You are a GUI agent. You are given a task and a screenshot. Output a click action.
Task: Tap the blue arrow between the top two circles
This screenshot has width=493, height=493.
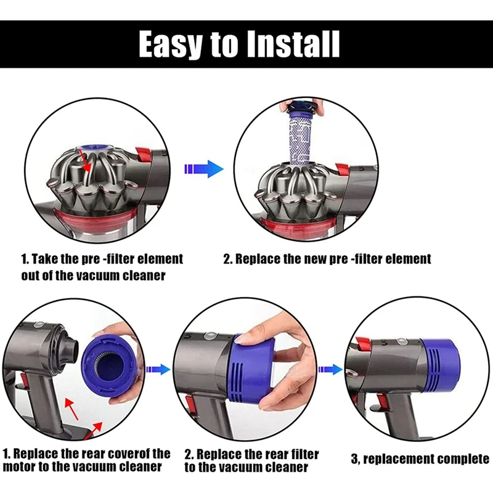[203, 168]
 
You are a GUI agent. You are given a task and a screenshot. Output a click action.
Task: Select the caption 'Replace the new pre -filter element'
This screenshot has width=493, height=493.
[327, 258]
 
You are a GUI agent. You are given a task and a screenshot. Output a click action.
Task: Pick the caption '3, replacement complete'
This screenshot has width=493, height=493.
[418, 459]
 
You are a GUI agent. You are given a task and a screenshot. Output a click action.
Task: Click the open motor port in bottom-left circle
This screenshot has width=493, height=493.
[61, 345]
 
